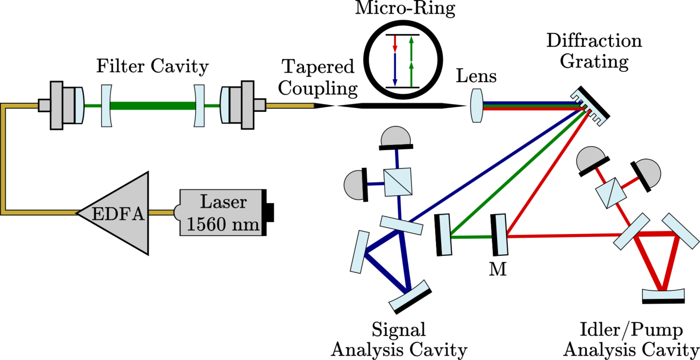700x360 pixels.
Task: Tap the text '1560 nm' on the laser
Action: [223, 224]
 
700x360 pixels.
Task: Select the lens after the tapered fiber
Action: [477, 105]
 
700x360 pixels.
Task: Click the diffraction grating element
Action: [590, 106]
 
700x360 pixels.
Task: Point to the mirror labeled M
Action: [499, 235]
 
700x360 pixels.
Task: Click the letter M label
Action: [498, 269]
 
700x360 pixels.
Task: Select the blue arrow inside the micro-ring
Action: [395, 70]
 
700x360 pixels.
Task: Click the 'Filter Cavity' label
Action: [152, 66]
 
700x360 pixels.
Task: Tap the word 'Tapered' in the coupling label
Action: [318, 66]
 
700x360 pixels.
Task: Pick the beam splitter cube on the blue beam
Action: [398, 182]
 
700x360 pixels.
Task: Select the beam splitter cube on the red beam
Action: [611, 193]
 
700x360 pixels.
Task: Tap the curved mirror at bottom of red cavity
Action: [663, 296]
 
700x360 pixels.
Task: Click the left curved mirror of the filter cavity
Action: [106, 105]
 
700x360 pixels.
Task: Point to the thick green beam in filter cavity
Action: [152, 105]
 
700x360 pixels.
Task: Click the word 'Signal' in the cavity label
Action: [398, 330]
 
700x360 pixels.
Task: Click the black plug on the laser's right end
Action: [270, 213]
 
